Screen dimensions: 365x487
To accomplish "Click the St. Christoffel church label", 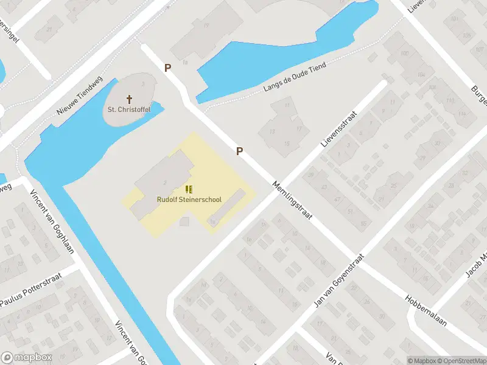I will click(x=128, y=109).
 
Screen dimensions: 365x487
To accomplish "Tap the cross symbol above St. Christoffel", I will click(x=129, y=99).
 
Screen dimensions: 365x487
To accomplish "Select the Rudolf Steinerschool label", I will click(x=189, y=199).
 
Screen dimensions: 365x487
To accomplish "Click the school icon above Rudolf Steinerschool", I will click(x=189, y=189).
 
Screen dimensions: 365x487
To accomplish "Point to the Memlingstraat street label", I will click(x=291, y=201).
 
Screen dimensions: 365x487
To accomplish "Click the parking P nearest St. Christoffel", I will click(x=167, y=68).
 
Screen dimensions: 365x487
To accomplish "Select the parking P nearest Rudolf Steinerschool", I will click(x=240, y=151).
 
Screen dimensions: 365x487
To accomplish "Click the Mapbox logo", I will click(x=27, y=358).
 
